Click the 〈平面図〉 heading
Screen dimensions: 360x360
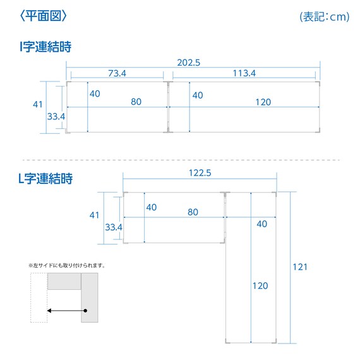(x=44, y=16)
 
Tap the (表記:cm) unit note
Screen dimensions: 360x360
(x=325, y=16)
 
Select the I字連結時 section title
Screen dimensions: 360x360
(x=45, y=47)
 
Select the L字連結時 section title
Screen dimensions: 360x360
(x=45, y=178)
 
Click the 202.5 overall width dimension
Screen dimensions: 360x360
(x=188, y=63)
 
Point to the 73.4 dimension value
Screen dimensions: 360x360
(x=117, y=73)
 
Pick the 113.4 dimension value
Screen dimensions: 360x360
(x=244, y=73)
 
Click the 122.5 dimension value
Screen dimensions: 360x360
(x=200, y=173)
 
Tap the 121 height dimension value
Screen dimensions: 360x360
(x=300, y=267)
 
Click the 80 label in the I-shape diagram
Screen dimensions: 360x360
(x=136, y=102)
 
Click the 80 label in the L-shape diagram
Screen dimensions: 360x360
(x=193, y=212)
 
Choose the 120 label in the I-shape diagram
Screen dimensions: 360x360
(x=263, y=102)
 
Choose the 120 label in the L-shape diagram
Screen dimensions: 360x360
(x=260, y=286)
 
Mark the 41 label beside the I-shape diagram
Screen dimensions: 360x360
(x=38, y=104)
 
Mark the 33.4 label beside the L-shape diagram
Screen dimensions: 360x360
(x=114, y=227)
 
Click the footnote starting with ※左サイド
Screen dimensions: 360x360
(x=67, y=266)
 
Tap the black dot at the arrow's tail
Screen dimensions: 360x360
(x=85, y=311)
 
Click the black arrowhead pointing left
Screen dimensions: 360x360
(x=49, y=311)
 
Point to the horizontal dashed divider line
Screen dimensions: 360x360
(x=181, y=160)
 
